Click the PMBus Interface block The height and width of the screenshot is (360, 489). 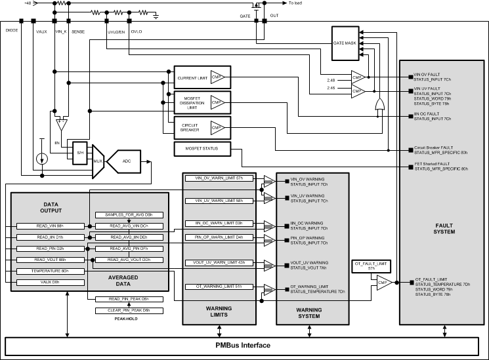(x=244, y=345)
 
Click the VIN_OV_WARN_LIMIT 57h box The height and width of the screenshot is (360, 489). (x=219, y=178)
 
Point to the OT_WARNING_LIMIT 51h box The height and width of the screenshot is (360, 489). (x=219, y=287)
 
